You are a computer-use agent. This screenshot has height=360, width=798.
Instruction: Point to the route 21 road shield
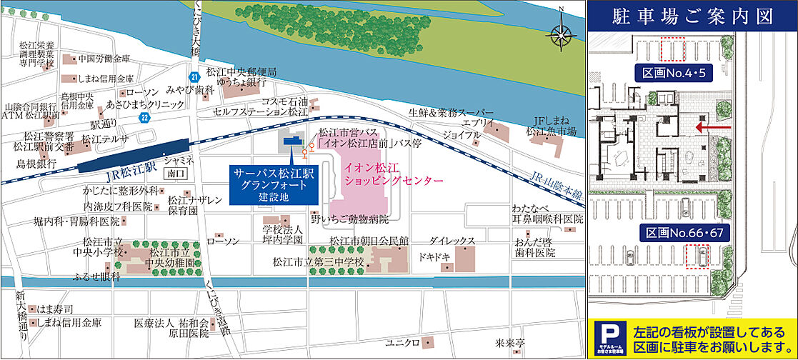[x=194, y=76]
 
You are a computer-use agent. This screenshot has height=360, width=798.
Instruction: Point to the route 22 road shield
[x=144, y=118]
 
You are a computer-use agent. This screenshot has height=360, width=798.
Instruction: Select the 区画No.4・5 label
[x=672, y=71]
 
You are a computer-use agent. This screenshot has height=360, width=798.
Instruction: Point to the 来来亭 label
[x=511, y=342]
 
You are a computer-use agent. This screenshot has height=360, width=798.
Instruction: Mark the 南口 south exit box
[x=175, y=173]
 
